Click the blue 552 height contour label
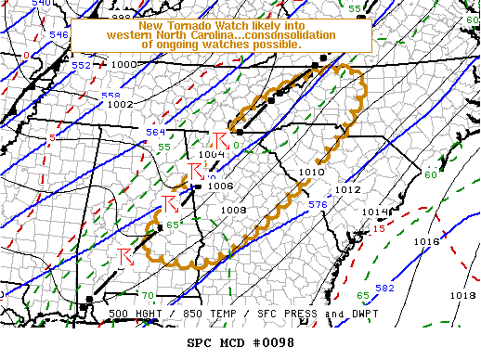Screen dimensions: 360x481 [82, 66]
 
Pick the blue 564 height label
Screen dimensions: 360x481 [156, 133]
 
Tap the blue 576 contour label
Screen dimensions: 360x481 [317, 205]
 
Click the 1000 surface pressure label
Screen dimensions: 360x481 [123, 65]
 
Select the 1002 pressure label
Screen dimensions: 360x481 [120, 105]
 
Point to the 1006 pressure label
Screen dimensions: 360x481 [220, 186]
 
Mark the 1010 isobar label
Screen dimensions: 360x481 [312, 172]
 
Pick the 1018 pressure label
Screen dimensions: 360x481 [461, 295]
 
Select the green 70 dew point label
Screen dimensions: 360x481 [149, 295]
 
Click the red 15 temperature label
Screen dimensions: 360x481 [379, 228]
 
